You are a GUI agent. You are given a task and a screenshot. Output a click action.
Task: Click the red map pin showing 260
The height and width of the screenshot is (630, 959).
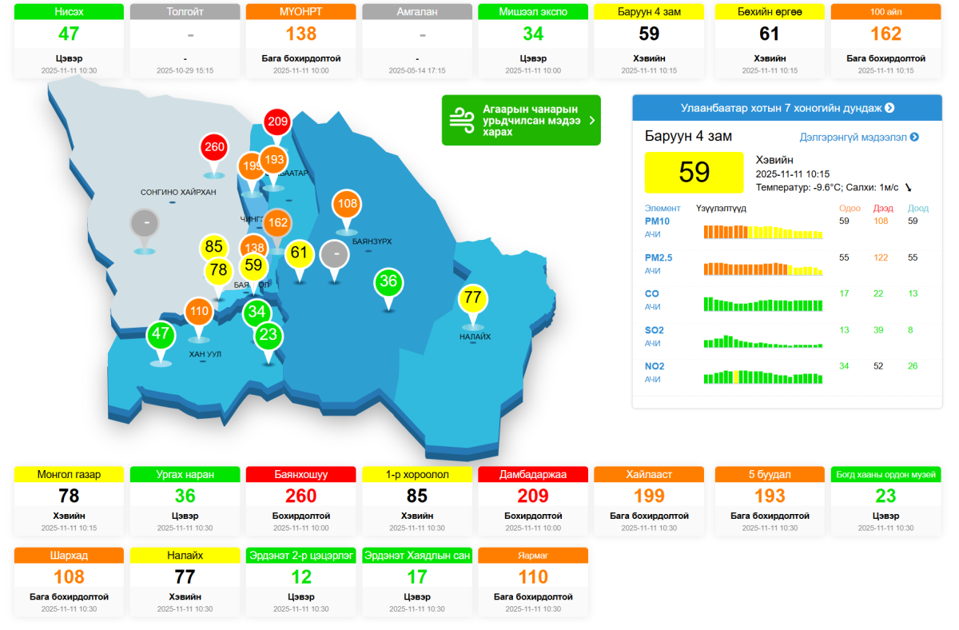[x=214, y=148]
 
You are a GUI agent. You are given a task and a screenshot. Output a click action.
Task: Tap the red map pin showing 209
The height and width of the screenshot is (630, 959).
[x=277, y=122]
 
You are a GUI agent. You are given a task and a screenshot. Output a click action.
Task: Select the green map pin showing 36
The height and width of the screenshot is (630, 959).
[x=388, y=281]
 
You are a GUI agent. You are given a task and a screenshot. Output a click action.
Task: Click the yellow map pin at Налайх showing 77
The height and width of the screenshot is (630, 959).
[x=473, y=298]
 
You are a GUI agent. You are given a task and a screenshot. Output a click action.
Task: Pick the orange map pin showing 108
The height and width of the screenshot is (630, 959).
[x=347, y=204]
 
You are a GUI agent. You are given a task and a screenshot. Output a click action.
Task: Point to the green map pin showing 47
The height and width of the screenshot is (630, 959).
[x=161, y=334]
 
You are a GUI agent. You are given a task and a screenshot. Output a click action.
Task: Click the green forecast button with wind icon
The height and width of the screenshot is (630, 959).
[x=520, y=121]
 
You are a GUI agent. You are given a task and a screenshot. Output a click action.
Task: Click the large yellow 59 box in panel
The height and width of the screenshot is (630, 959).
[x=694, y=172]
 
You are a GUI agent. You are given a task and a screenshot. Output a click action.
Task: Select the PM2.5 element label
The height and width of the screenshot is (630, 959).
[x=659, y=257]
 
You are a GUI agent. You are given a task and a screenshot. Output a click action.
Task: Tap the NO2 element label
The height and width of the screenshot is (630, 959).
[x=655, y=366]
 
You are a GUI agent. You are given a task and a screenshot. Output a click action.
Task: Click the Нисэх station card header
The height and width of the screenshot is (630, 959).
[x=70, y=12]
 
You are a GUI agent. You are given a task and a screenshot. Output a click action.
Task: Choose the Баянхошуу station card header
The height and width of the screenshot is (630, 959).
[x=301, y=475]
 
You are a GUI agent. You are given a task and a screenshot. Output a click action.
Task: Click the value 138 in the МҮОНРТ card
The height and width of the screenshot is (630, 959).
[x=301, y=34]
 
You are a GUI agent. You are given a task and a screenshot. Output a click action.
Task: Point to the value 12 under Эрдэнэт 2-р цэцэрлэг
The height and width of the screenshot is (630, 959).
[x=301, y=577]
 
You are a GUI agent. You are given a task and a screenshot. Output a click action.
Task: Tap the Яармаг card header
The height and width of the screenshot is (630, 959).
[x=533, y=555]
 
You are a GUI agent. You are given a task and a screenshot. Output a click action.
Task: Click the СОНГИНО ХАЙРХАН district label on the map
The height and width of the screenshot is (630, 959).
[x=178, y=193]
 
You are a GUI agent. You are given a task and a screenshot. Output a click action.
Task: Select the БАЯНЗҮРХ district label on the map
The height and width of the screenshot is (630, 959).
[x=372, y=241]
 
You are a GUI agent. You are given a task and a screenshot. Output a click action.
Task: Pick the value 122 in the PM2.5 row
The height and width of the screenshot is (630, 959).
[x=881, y=257]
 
